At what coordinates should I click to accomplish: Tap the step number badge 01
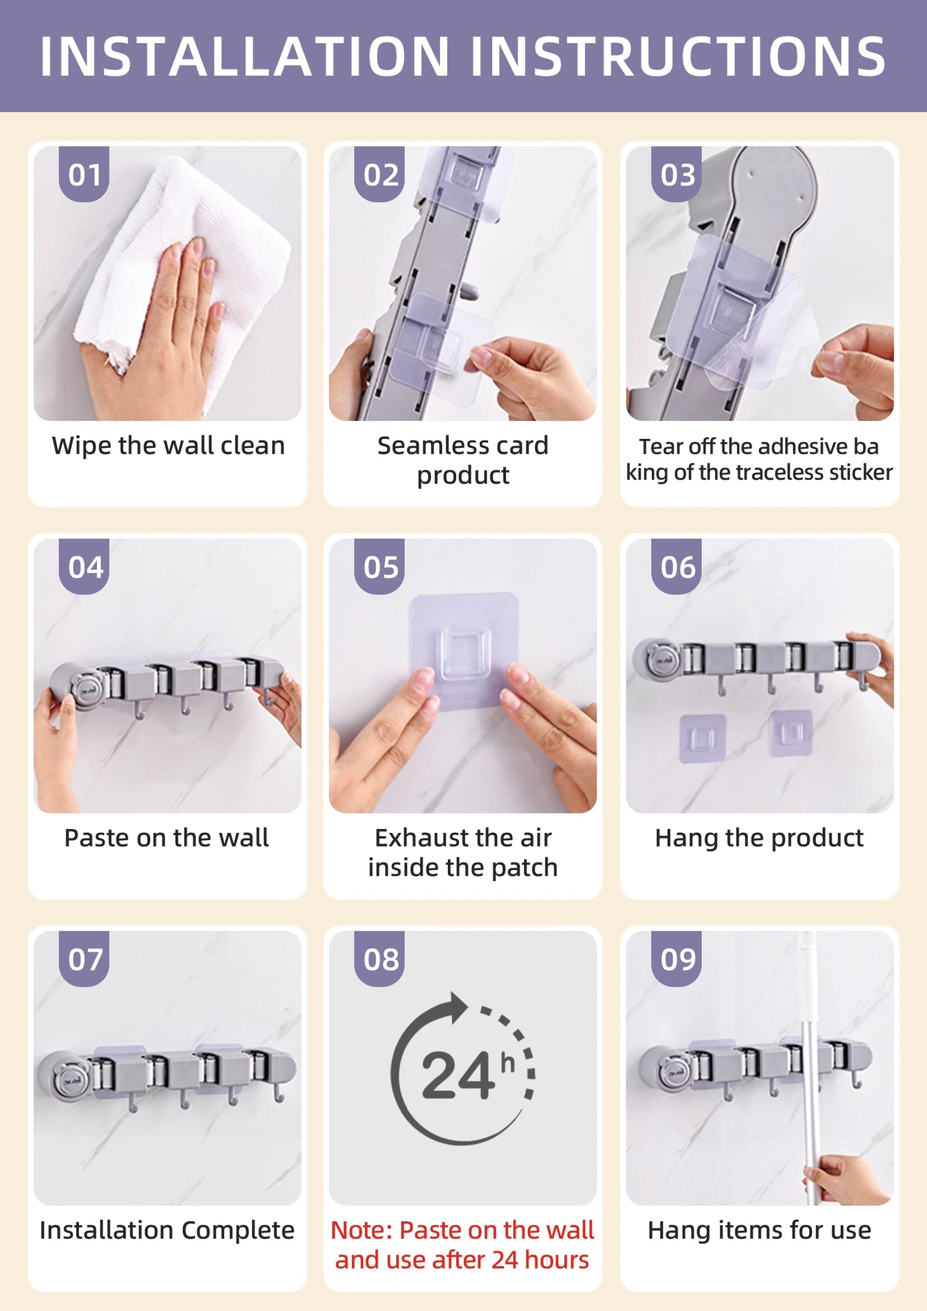pos(85,175)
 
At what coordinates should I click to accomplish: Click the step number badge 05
pos(380,567)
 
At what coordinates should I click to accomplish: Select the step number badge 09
pos(677,959)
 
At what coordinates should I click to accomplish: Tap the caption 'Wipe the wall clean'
pos(168,445)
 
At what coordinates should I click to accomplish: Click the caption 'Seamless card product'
pos(463,459)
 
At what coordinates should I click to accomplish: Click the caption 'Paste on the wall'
pos(167,837)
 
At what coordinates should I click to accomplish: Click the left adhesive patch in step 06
pos(702,738)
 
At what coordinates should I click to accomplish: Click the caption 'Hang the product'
pos(759,837)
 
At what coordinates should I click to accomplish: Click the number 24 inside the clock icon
pos(457,1077)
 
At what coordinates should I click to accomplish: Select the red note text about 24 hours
pos(463,1244)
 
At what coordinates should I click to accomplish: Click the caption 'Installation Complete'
pos(167,1230)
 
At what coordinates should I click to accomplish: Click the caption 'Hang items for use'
pos(759,1230)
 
